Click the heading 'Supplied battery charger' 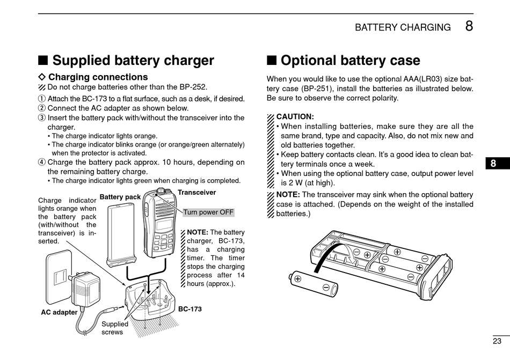tap(133, 61)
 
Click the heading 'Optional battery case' tap(350, 61)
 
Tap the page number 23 tap(497, 341)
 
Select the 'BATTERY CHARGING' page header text tap(403, 27)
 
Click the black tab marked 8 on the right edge tap(493, 164)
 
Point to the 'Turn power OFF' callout tap(208, 212)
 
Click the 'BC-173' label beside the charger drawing tap(190, 309)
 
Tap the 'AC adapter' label tap(59, 312)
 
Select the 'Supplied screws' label tap(115, 328)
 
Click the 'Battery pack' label tap(120, 197)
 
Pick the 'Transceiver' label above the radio tap(196, 192)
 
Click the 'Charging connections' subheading tap(98, 77)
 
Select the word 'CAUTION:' tap(295, 116)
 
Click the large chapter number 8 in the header tap(469, 26)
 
